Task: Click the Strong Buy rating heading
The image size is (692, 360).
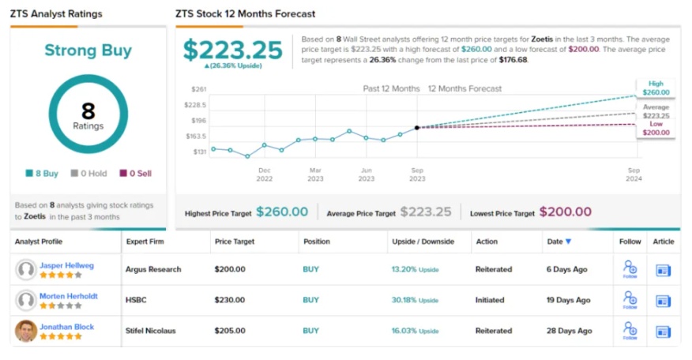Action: click(88, 51)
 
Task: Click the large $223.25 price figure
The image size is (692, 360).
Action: click(232, 51)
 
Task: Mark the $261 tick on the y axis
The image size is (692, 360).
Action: click(198, 89)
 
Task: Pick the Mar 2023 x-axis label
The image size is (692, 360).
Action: click(315, 174)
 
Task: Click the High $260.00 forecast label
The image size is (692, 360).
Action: click(656, 88)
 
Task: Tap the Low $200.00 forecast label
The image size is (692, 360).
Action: click(656, 129)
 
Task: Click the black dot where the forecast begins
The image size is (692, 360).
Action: click(417, 127)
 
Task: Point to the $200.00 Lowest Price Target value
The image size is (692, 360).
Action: click(565, 212)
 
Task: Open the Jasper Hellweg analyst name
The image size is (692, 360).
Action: click(67, 264)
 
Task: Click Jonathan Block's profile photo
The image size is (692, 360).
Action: click(26, 331)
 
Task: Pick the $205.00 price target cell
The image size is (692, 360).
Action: click(230, 331)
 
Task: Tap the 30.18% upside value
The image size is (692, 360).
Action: click(404, 300)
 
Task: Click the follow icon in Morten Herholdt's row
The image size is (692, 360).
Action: click(630, 299)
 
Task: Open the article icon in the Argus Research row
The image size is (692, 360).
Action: click(663, 270)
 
